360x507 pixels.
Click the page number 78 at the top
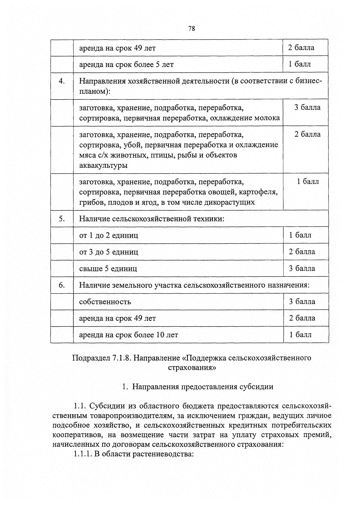192,29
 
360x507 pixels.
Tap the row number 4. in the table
62,81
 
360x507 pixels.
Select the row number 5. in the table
62,219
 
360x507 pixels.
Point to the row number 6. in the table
62,285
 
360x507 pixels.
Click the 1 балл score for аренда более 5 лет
300,64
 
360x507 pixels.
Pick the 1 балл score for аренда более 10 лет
300,335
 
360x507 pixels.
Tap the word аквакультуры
103,165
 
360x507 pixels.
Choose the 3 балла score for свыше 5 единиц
302,268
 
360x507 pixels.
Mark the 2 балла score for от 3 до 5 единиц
302,252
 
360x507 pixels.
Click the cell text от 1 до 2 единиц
109,235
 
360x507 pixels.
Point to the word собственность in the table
105,302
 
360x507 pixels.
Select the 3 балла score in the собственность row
302,302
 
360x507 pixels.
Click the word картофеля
258,192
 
